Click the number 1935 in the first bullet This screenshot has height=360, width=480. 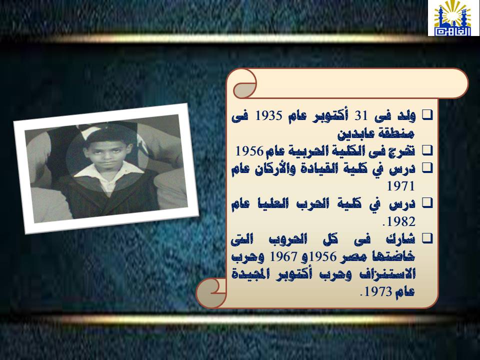[268, 116]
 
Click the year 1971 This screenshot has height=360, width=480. [401, 186]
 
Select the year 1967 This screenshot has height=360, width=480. [283, 256]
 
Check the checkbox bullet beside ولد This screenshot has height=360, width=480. [427, 115]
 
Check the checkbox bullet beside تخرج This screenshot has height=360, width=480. [427, 150]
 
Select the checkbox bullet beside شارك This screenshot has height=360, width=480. [427, 238]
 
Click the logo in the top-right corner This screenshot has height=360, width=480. [453, 18]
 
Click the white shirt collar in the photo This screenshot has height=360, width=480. [107, 173]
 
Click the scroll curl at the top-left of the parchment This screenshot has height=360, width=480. [245, 83]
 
